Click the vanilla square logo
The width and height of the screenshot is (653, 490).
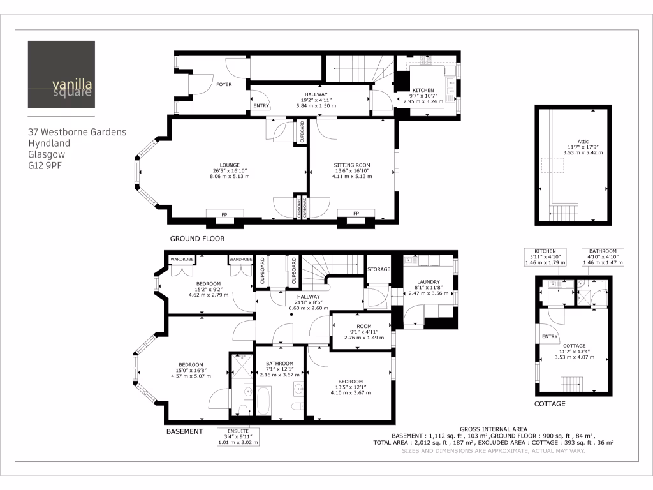61,75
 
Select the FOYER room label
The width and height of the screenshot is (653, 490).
224,84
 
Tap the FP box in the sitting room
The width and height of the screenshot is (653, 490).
356,213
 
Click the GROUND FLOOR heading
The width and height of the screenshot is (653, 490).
197,239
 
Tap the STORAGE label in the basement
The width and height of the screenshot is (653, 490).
378,269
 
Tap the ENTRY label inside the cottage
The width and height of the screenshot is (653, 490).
550,337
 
